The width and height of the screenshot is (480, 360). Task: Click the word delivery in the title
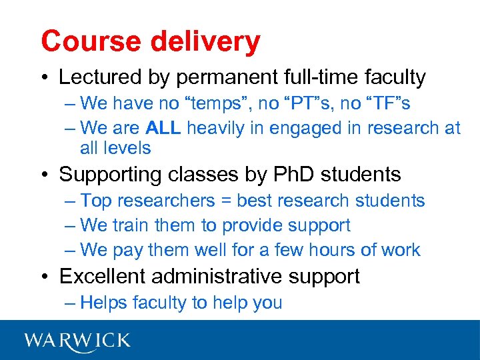[205, 41]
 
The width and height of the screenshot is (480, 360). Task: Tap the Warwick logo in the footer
[77, 341]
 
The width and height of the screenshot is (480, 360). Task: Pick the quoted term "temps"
[210, 104]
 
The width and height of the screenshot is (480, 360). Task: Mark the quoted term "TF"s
[386, 104]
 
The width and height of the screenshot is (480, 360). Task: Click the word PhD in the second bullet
[293, 175]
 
